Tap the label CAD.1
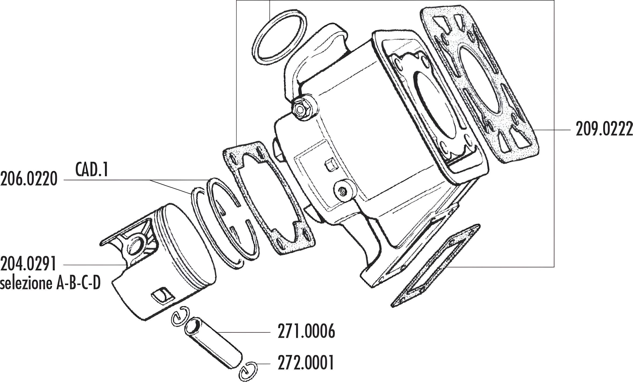point(92,169)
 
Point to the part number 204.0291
point(28,264)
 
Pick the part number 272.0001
point(306,362)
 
